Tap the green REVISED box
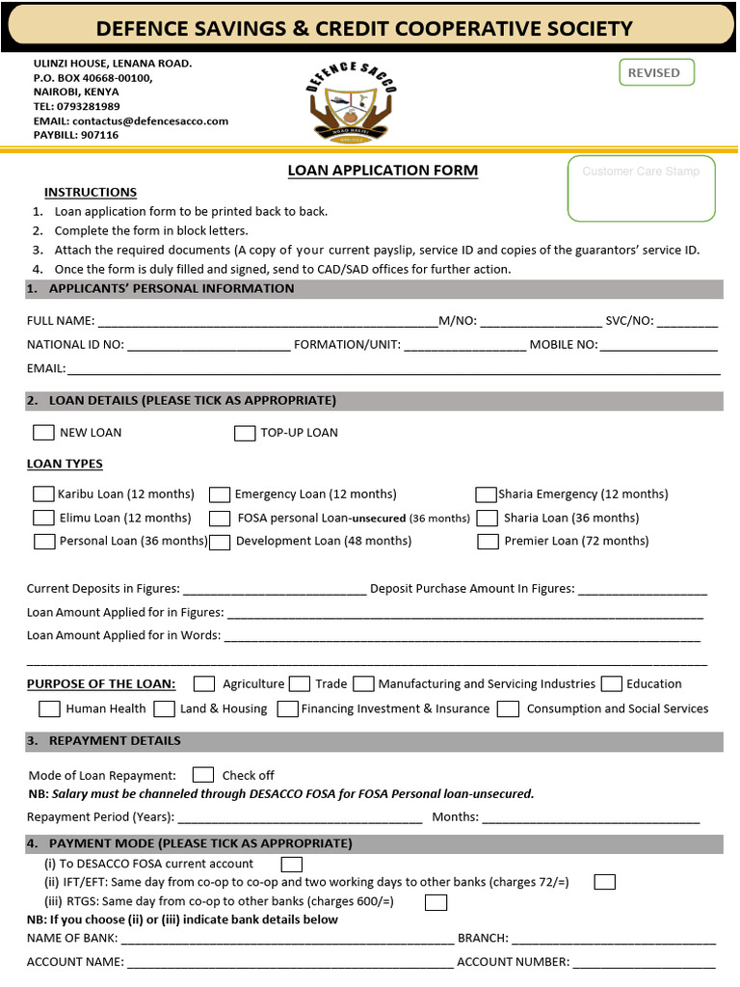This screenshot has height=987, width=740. point(654,72)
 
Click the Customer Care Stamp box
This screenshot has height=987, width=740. point(641,188)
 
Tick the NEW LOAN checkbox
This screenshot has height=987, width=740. point(43,433)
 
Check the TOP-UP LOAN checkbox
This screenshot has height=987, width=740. point(245,433)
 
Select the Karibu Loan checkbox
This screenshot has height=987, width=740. point(43,493)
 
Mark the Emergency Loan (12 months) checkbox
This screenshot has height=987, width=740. point(220,494)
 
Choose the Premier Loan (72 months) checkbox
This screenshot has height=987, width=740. point(488,542)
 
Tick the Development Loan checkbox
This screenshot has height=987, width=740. point(220,542)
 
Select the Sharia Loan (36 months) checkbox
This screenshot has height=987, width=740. point(488,519)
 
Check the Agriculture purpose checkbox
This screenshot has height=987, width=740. point(204,684)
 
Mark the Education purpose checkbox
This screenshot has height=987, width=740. point(611,684)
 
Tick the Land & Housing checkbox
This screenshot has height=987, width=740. point(165,709)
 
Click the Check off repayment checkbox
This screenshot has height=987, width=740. point(203,775)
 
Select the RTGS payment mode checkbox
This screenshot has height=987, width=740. point(436,902)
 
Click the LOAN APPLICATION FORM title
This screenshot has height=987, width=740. point(383,171)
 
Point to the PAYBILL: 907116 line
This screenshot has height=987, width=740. point(76,136)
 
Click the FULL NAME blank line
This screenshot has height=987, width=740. point(267,321)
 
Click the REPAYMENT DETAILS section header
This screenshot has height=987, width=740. point(115,741)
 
